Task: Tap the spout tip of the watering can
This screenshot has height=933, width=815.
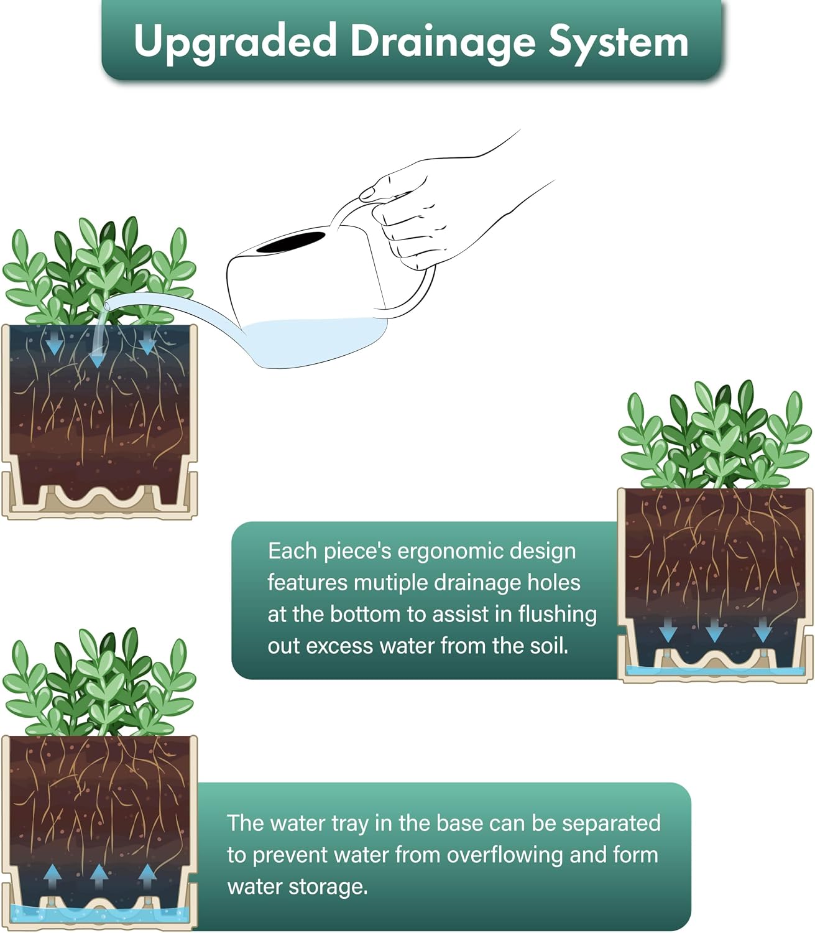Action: point(107,305)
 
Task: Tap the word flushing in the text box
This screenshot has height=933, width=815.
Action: point(558,615)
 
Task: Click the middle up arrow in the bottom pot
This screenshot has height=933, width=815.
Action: point(99,876)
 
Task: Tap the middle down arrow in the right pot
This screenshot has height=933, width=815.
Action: point(714,630)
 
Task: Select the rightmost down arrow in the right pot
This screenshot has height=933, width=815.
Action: point(763,630)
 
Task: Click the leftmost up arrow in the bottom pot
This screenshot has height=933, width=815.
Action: point(53,876)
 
